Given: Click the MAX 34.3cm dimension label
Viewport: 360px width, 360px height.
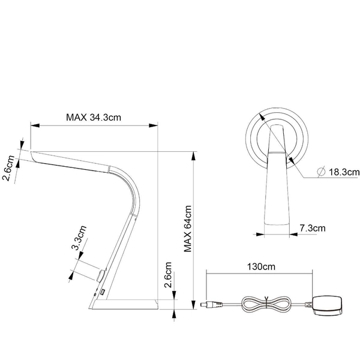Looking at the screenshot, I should (x=94, y=117).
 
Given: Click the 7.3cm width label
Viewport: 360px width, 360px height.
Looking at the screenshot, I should (x=311, y=227).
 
